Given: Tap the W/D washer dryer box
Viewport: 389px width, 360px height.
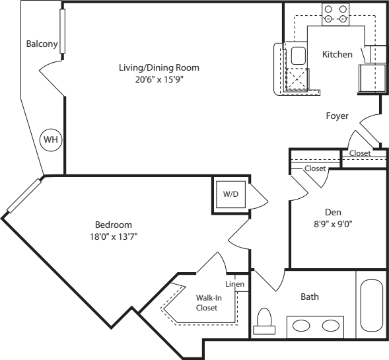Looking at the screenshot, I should coord(230,195).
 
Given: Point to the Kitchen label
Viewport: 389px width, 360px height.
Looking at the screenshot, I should coord(337,54).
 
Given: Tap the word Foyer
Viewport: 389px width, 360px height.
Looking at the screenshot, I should coord(337,116).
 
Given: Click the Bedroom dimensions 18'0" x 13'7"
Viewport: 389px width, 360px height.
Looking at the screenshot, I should coord(114,236).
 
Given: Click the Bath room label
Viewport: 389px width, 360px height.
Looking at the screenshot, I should coord(310,297).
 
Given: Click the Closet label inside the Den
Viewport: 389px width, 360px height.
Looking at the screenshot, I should coord(315,168).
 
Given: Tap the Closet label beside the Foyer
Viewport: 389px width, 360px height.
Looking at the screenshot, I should coord(360,153).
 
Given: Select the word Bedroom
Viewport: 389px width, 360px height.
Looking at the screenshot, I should coord(114,224).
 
